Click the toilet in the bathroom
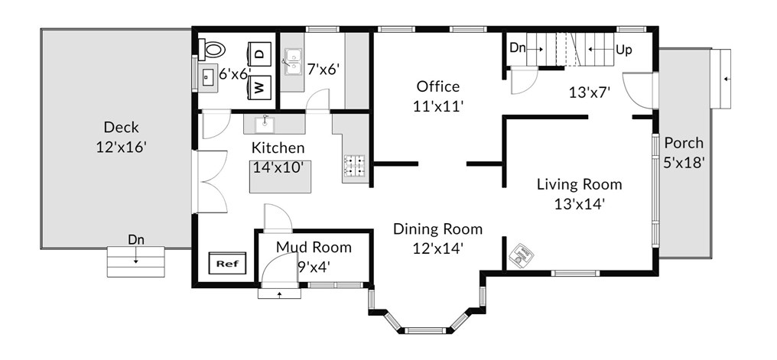(211, 49)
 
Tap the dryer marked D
(260, 53)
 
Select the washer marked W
(260, 88)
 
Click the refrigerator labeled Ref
(227, 264)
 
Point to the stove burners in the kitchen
(355, 167)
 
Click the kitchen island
(280, 177)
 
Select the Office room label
(438, 86)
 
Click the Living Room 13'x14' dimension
(580, 204)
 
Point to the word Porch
(684, 143)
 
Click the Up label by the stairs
(624, 50)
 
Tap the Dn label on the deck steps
(136, 240)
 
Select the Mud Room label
(314, 247)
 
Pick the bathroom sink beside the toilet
(209, 76)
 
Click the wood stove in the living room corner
(522, 255)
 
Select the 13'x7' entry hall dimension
(589, 92)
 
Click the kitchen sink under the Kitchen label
(265, 125)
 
